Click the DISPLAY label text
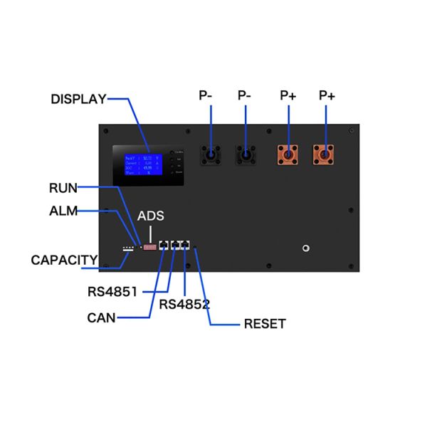[78, 99]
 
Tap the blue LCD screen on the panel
[143, 164]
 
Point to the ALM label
[63, 211]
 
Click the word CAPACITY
[64, 260]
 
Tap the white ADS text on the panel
[151, 216]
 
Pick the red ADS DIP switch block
[150, 246]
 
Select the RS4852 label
[185, 304]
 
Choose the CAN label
[102, 317]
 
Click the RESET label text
[264, 324]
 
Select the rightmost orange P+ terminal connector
[325, 153]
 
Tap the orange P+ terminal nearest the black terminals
[288, 153]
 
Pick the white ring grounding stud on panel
[305, 248]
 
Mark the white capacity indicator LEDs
[129, 249]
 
